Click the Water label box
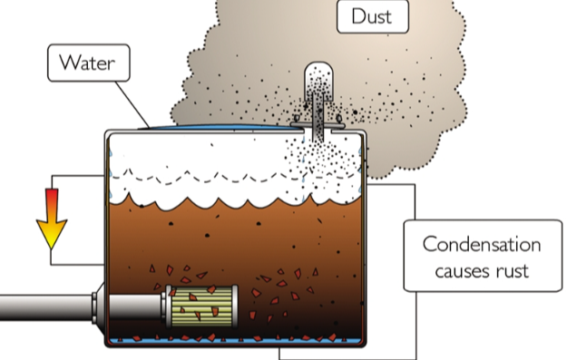pos(89,63)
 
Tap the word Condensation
pos(481,245)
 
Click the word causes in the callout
pos(464,269)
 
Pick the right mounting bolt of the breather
pos(338,118)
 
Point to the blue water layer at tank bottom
pos(236,342)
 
